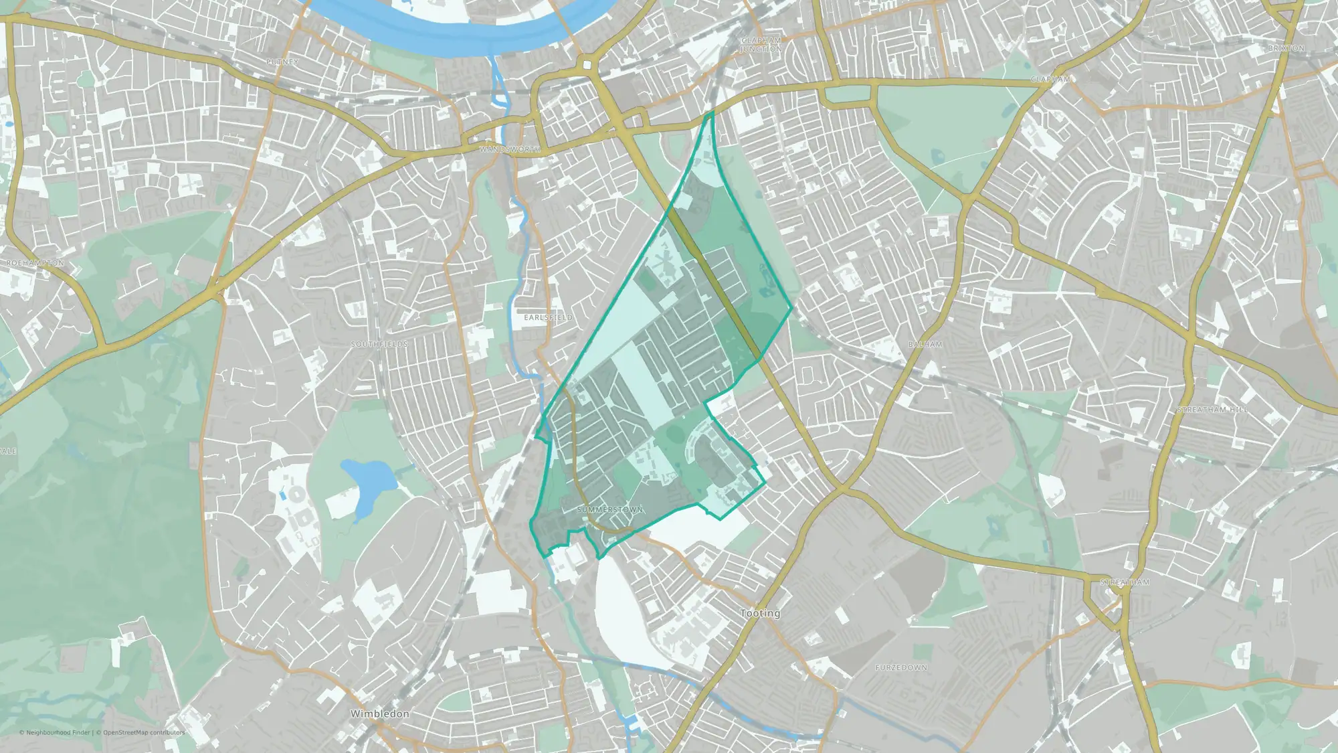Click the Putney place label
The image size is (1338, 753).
(282, 62)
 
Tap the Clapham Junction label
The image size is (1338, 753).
(761, 44)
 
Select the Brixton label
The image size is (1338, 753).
(1286, 48)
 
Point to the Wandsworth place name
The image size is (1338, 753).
(510, 149)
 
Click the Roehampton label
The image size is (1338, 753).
(35, 263)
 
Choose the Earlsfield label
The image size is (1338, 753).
(548, 317)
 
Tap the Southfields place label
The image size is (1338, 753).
(379, 344)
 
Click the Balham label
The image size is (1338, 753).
(925, 344)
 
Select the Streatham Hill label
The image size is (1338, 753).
(1212, 410)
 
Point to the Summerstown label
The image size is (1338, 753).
(610, 510)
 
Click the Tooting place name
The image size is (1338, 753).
(761, 613)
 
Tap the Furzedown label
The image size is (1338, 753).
(901, 668)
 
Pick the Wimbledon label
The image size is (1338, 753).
(380, 714)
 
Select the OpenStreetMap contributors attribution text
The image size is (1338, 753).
(144, 732)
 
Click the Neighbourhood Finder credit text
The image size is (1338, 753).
(56, 732)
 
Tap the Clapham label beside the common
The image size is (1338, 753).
(1050, 79)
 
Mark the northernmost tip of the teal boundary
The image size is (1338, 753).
(712, 112)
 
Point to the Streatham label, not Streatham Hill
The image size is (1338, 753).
(1125, 582)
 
